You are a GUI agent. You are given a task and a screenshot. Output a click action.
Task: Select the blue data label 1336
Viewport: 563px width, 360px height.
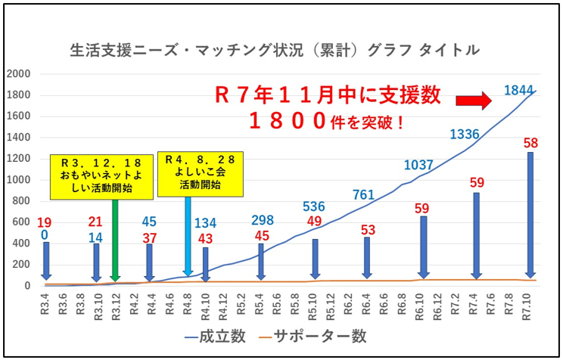pyautogui.click(x=465, y=135)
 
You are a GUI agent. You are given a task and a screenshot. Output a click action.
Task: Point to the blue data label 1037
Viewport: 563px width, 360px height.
pyautogui.click(x=418, y=165)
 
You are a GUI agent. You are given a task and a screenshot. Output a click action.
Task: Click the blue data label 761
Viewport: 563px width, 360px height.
pyautogui.click(x=364, y=194)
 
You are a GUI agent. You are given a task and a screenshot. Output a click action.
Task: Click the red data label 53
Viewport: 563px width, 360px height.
pyautogui.click(x=368, y=230)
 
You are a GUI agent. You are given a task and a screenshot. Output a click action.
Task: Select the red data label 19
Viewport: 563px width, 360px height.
pyautogui.click(x=44, y=223)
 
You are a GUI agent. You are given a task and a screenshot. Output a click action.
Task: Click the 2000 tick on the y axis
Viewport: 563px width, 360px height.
pyautogui.click(x=18, y=74)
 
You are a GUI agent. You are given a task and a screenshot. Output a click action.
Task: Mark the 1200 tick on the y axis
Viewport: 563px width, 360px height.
pyautogui.click(x=18, y=159)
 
